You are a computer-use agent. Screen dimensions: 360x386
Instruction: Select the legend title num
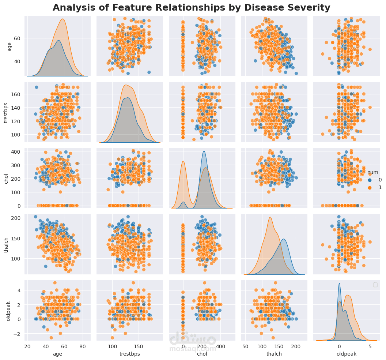[373, 172]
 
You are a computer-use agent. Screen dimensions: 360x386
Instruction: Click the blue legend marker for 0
[370, 180]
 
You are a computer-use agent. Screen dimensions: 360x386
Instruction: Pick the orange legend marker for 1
[370, 187]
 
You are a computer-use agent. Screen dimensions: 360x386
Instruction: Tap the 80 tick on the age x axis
[83, 346]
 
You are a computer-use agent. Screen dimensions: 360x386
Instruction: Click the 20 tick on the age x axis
[27, 346]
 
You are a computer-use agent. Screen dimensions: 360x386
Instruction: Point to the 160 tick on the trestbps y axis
[17, 94]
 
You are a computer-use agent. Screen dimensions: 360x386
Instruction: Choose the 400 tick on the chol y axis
[17, 151]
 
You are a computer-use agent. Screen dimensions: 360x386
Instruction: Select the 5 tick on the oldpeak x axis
[370, 346]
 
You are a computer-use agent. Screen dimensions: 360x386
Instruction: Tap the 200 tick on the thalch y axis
[17, 218]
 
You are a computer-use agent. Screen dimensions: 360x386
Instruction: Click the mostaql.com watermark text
[193, 349]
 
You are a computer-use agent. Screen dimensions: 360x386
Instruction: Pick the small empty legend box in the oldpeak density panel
[375, 285]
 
